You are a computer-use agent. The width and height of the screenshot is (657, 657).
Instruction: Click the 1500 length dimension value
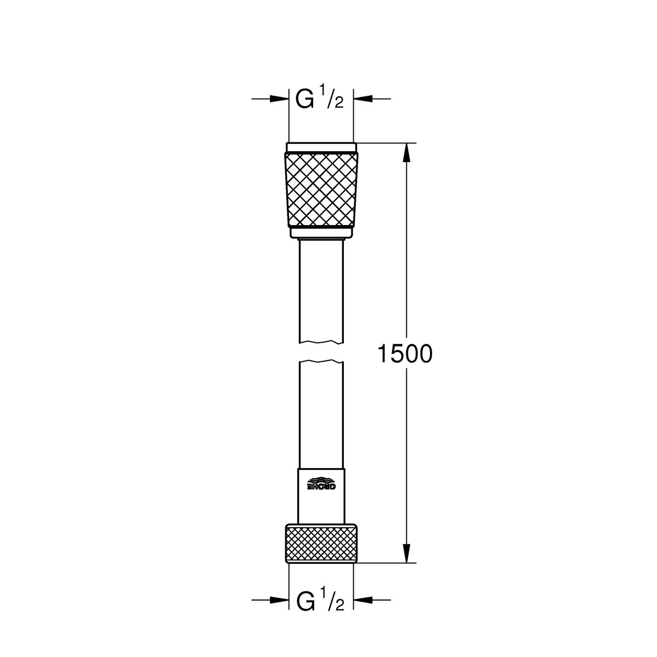[x=405, y=354]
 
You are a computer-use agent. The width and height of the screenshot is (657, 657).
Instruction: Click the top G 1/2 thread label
[x=320, y=99]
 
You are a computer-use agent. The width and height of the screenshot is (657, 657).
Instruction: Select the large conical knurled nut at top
[x=321, y=189]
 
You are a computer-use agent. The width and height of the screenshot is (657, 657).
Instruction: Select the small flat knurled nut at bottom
[x=321, y=544]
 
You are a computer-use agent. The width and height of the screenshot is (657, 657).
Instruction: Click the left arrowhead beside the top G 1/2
[x=279, y=99]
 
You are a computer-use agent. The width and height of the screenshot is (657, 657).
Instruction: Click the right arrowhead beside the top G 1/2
[x=363, y=99]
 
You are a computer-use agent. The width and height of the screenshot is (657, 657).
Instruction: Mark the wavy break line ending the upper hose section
[x=321, y=343]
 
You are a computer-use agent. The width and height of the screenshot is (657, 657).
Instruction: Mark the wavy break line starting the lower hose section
[x=321, y=361]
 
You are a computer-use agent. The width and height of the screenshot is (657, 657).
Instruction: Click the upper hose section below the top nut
[x=321, y=290]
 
